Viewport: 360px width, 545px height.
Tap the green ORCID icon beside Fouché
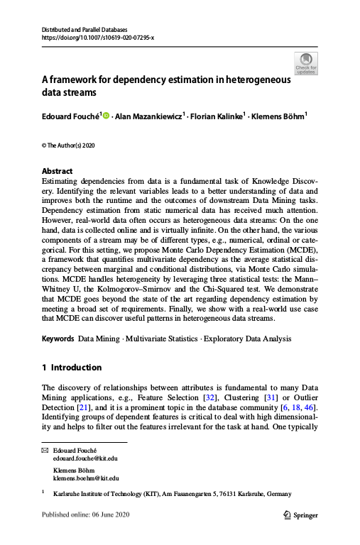pyautogui.click(x=107, y=115)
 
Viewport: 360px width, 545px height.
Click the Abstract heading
pyautogui.click(x=57, y=171)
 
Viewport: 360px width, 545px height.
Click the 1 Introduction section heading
pyautogui.click(x=72, y=368)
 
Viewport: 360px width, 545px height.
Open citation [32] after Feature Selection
pyautogui.click(x=230, y=397)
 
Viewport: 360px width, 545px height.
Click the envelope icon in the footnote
pyautogui.click(x=45, y=451)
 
